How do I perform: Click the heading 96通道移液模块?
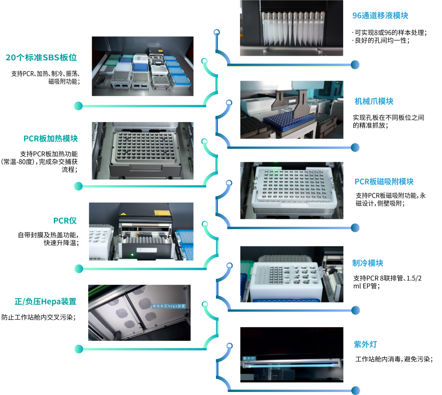coord(380,15)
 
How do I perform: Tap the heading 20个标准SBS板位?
coord(41,57)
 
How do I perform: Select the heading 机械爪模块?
coord(374,101)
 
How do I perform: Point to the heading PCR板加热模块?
coord(50,138)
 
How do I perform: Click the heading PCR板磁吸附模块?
coord(384,182)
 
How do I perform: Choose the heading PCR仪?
coord(65,221)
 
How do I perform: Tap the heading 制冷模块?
coord(368,263)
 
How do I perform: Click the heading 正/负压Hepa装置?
coord(45,301)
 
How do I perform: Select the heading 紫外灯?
coord(365,344)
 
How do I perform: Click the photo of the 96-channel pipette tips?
coord(291,28)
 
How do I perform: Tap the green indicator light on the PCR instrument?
coord(132,255)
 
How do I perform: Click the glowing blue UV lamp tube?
coord(290,366)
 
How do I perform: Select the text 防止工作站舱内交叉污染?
coord(38,317)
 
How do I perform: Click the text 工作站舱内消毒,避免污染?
coord(394,359)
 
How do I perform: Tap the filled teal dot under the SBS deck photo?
coord(78,106)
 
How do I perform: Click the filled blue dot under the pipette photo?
coord(355,64)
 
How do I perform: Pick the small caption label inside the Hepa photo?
coord(169,306)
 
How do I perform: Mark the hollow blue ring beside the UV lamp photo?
coord(230,346)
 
